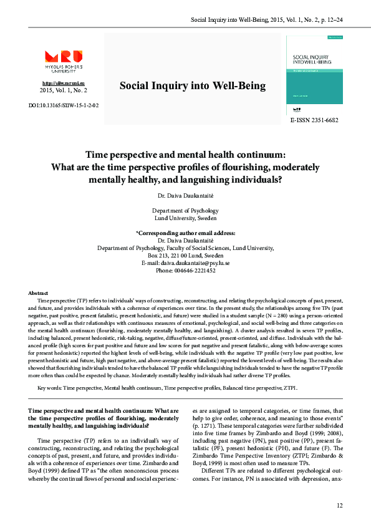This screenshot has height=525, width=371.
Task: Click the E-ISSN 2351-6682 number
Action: coord(314,120)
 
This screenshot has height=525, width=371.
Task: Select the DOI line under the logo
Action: coord(64,105)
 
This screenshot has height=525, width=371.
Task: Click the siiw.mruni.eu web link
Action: coord(64,83)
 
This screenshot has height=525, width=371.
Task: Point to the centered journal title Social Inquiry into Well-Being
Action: coord(192,86)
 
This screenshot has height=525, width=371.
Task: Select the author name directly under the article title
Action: coord(185,196)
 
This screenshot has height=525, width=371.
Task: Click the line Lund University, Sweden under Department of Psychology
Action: coord(185,218)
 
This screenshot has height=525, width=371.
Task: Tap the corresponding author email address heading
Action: coord(185,233)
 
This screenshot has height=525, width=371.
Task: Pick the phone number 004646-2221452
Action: coord(185,271)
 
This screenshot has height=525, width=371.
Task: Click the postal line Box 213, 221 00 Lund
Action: coord(185,256)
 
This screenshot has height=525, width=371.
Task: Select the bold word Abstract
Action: coord(39,292)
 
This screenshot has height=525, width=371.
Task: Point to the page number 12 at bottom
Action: coord(339,505)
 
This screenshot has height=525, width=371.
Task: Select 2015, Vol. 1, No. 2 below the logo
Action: coord(64,91)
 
